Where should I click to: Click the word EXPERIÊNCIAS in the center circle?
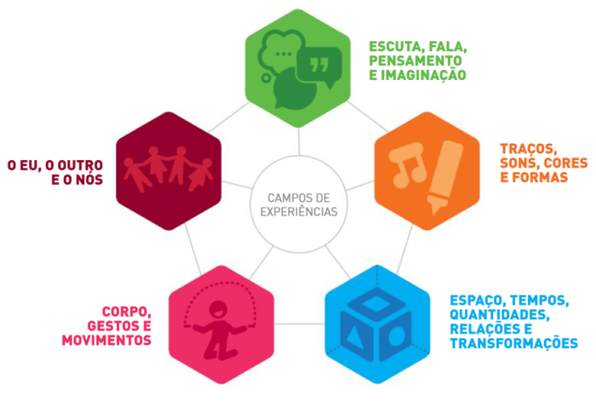pyautogui.click(x=299, y=211)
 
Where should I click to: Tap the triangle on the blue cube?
pyautogui.click(x=353, y=335)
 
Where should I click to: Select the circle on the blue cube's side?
pyautogui.click(x=398, y=335)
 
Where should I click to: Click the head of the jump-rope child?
pyautogui.click(x=218, y=310)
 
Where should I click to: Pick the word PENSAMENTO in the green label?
pyautogui.click(x=415, y=60)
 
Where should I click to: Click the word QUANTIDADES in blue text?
pyautogui.click(x=500, y=315)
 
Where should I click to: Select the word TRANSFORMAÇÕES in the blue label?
pyautogui.click(x=514, y=344)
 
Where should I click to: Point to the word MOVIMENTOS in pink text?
pyautogui.click(x=106, y=340)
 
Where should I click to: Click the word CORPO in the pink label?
pyautogui.click(x=126, y=312)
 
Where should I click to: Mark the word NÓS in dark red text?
pyautogui.click(x=89, y=179)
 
